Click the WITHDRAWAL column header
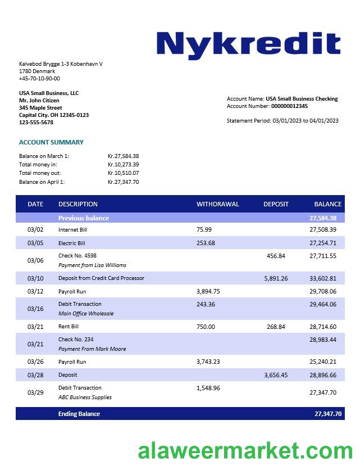(217, 204)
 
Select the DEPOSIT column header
(276, 204)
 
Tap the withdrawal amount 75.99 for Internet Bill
(204, 229)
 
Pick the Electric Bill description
(71, 243)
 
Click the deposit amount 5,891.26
(276, 278)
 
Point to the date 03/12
(35, 291)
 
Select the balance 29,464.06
(323, 304)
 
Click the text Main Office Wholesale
(86, 314)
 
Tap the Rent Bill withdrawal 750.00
(206, 327)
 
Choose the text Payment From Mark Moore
(92, 349)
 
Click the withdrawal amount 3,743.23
(208, 362)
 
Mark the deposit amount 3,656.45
(276, 375)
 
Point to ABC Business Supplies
(85, 397)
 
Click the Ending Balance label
(79, 414)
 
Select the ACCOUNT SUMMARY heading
(51, 142)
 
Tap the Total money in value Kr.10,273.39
(123, 164)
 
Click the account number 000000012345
(289, 106)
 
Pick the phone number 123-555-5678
(36, 123)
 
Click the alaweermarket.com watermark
(245, 451)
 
